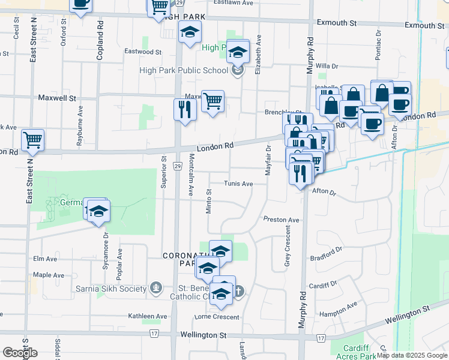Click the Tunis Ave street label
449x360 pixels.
tap(238, 184)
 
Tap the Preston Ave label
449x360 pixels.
tap(281, 220)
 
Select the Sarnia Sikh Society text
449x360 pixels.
tap(111, 289)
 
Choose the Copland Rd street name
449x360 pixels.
tap(100, 42)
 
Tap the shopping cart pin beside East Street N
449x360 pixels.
tap(32, 140)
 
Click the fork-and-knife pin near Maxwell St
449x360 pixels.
tap(185, 109)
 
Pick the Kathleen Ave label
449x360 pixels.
tap(148, 316)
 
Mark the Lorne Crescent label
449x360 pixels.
tap(216, 317)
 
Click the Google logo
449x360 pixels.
tap(20, 353)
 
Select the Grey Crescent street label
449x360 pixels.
tap(288, 249)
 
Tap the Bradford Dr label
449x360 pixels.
tap(326, 254)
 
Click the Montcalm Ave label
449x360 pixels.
tap(191, 174)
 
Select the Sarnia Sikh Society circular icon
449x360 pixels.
tap(157, 289)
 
